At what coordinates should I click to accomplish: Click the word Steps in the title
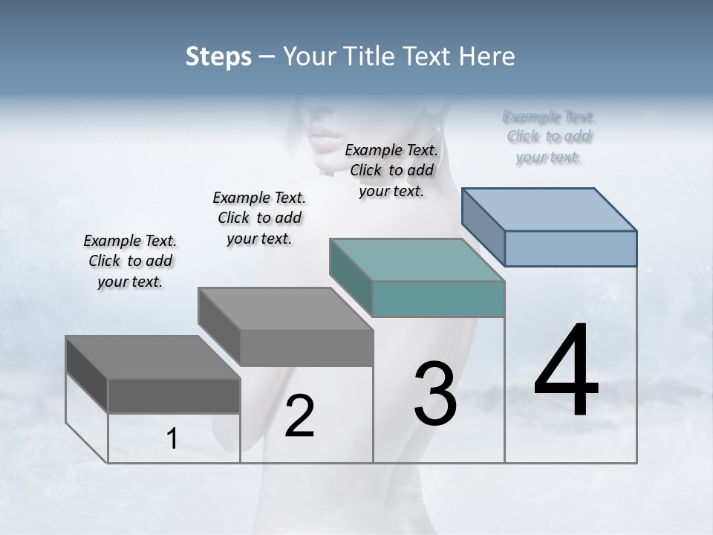pyautogui.click(x=218, y=56)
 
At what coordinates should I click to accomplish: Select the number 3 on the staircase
pyautogui.click(x=434, y=394)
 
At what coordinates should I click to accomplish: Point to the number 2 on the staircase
pyautogui.click(x=299, y=416)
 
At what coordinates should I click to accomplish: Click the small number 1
pyautogui.click(x=172, y=439)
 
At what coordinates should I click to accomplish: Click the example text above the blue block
pyautogui.click(x=549, y=137)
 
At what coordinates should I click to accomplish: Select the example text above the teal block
pyautogui.click(x=391, y=170)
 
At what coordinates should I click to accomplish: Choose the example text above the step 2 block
pyautogui.click(x=259, y=218)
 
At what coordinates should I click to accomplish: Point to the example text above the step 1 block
pyautogui.click(x=130, y=261)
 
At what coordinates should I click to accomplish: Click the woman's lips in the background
pyautogui.click(x=325, y=138)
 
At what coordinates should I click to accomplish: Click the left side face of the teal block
pyautogui.click(x=351, y=278)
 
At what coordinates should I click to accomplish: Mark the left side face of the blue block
pyautogui.click(x=483, y=227)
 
